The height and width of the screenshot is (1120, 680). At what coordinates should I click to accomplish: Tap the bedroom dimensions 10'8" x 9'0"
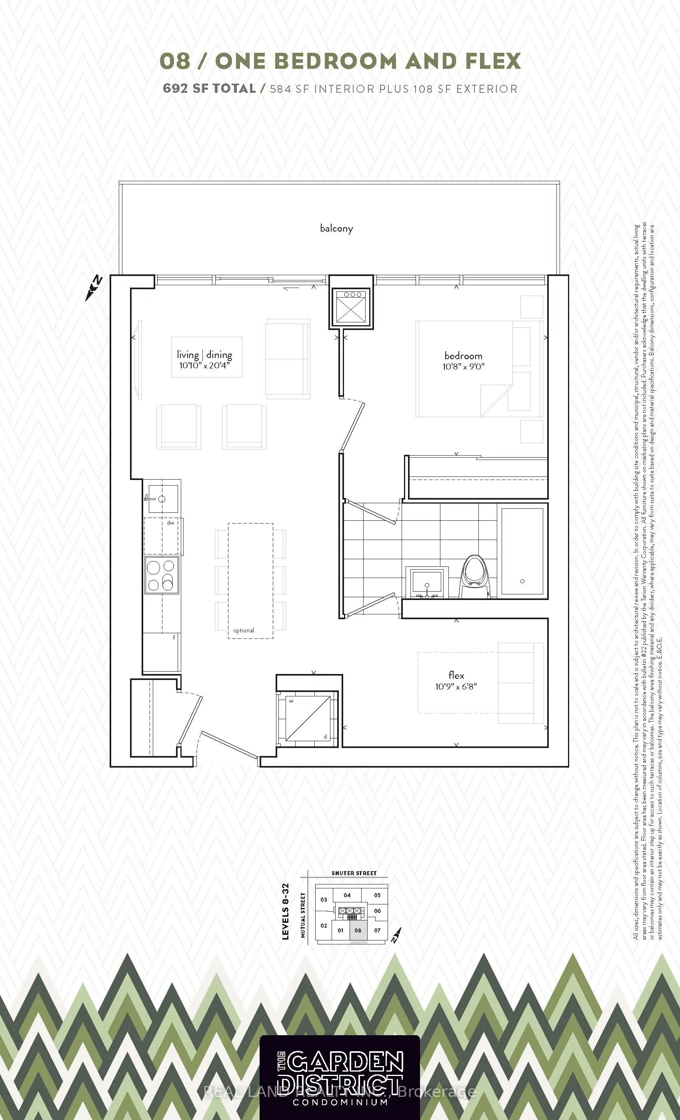tap(463, 366)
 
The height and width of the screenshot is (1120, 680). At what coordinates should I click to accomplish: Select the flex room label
tap(456, 676)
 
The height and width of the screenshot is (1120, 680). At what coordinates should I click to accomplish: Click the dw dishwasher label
tap(170, 523)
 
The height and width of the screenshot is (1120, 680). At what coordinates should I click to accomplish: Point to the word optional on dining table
tap(244, 630)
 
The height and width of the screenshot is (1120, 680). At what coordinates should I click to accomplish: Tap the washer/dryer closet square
tap(308, 718)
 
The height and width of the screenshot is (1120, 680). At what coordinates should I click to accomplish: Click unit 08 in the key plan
tap(358, 930)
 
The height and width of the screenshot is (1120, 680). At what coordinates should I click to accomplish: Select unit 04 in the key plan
tap(347, 895)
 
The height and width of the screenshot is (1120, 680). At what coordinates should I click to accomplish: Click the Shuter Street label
tap(354, 873)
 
